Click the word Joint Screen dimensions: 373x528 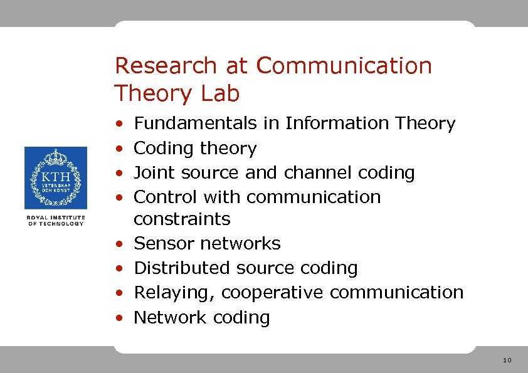154,173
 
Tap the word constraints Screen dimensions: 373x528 182,219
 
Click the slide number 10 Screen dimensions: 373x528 507,360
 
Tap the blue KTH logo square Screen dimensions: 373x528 56,178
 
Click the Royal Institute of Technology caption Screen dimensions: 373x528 56,220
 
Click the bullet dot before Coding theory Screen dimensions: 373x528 119,149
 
